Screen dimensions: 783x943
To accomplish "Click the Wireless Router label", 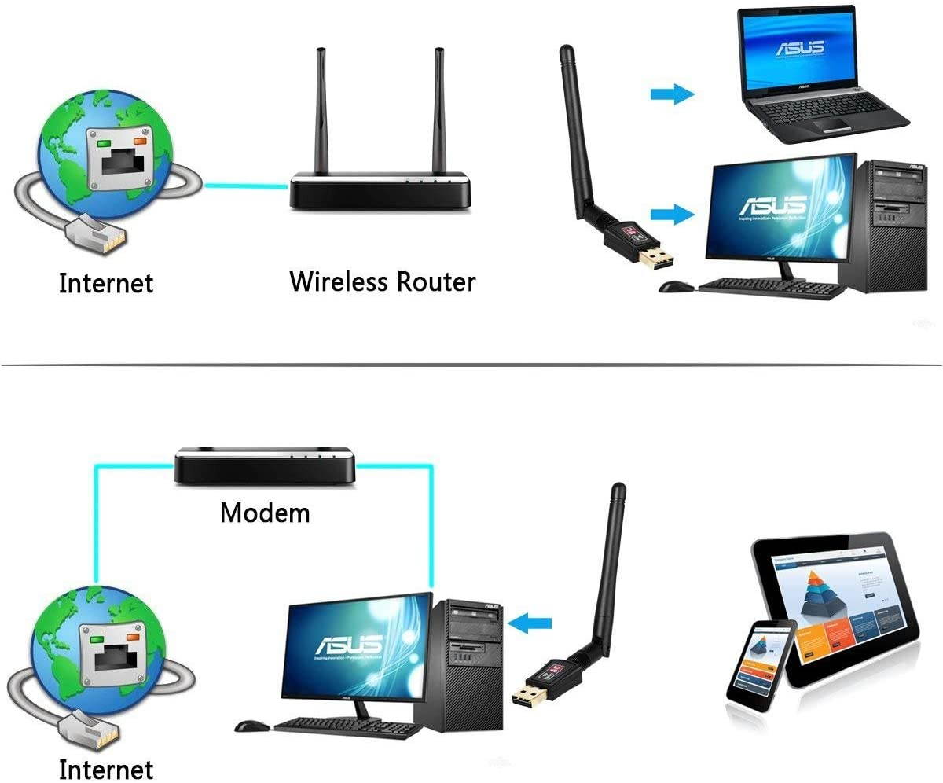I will [x=383, y=281].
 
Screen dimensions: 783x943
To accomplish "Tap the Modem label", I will [x=265, y=513].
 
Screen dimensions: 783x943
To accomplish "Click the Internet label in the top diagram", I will [x=106, y=283].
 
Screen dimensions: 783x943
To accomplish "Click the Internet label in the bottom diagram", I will [x=106, y=769].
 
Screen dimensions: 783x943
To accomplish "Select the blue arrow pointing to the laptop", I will [x=673, y=95].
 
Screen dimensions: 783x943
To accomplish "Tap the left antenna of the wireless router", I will [x=321, y=110].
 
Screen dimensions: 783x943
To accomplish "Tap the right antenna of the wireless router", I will [x=439, y=110].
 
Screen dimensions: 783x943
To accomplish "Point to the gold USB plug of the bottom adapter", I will [x=527, y=696].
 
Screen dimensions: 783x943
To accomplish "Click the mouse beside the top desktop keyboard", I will [x=673, y=287].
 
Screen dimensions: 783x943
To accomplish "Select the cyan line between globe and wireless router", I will [x=246, y=186].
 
